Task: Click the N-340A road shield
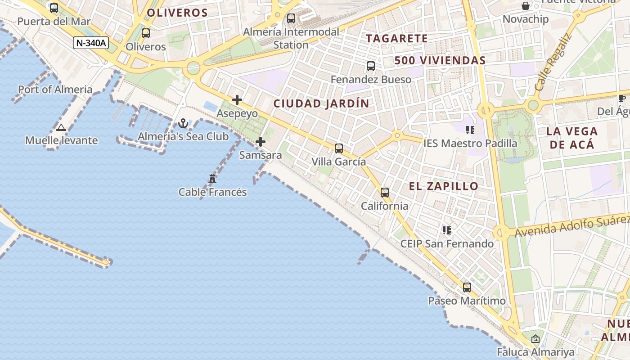click(91, 43)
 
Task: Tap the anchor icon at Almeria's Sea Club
click(183, 123)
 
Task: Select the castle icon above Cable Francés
click(212, 179)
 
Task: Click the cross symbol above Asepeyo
click(237, 100)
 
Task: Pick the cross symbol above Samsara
click(261, 142)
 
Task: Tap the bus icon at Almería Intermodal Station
click(291, 18)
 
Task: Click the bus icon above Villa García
click(339, 148)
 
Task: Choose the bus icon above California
click(385, 193)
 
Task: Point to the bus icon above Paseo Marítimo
click(467, 288)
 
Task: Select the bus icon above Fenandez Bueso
click(371, 66)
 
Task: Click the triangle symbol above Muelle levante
click(61, 127)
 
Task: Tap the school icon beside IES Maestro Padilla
click(470, 130)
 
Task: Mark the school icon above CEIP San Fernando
click(447, 230)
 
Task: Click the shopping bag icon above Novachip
click(525, 6)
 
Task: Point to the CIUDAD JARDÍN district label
click(321, 103)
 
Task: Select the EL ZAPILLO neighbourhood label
click(444, 186)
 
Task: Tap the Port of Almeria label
click(55, 90)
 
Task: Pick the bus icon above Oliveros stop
click(146, 33)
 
